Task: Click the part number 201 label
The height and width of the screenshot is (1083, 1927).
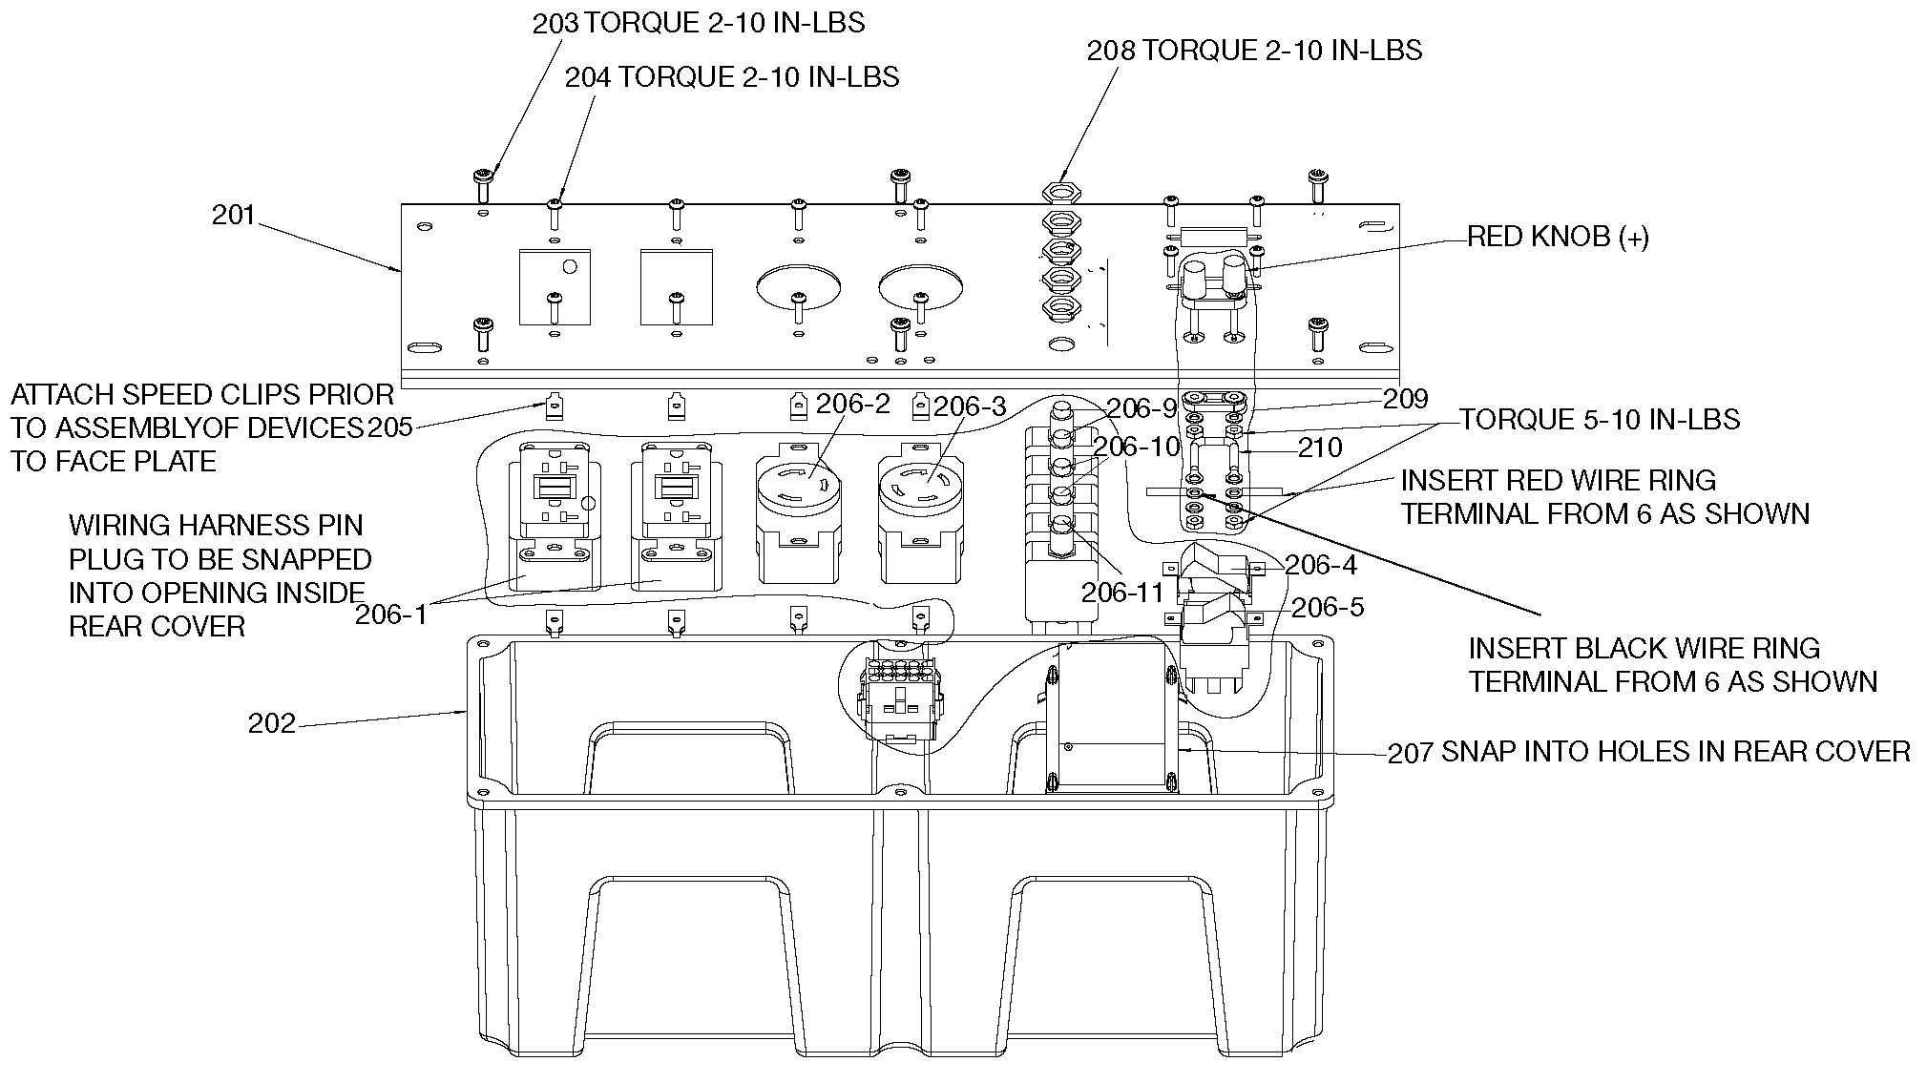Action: [x=233, y=216]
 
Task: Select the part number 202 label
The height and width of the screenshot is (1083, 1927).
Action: [x=272, y=724]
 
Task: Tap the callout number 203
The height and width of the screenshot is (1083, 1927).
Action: [x=555, y=24]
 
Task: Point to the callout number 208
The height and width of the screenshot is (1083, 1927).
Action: [x=1111, y=51]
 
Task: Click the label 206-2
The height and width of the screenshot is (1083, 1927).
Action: [x=852, y=405]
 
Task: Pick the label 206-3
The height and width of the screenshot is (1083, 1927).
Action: [x=969, y=407]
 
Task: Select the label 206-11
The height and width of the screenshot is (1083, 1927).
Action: [x=1122, y=593]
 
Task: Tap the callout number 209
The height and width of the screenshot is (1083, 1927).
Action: [x=1405, y=399]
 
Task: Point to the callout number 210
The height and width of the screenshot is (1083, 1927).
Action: [x=1320, y=447]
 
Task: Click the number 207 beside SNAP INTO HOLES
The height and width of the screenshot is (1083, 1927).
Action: [x=1411, y=754]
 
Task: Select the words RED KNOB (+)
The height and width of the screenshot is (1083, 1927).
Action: [x=1558, y=238]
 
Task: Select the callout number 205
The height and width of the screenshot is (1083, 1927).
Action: [x=390, y=427]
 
